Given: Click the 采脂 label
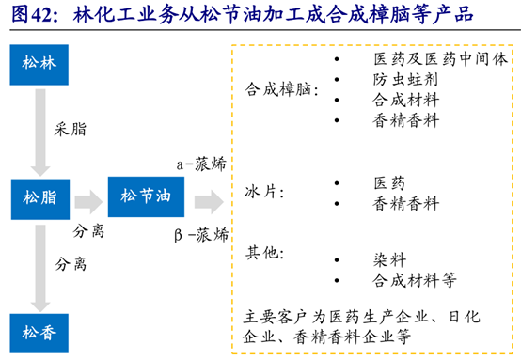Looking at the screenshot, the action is pyautogui.click(x=71, y=131).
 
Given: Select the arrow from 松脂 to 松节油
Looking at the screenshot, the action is pyautogui.click(x=87, y=198).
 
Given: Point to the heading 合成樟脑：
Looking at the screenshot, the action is pyautogui.click(x=281, y=90).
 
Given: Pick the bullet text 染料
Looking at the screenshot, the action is pyautogui.click(x=389, y=258).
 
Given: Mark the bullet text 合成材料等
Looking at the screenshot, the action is pyautogui.click(x=415, y=279).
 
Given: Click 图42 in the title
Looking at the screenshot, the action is pyautogui.click(x=32, y=16).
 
